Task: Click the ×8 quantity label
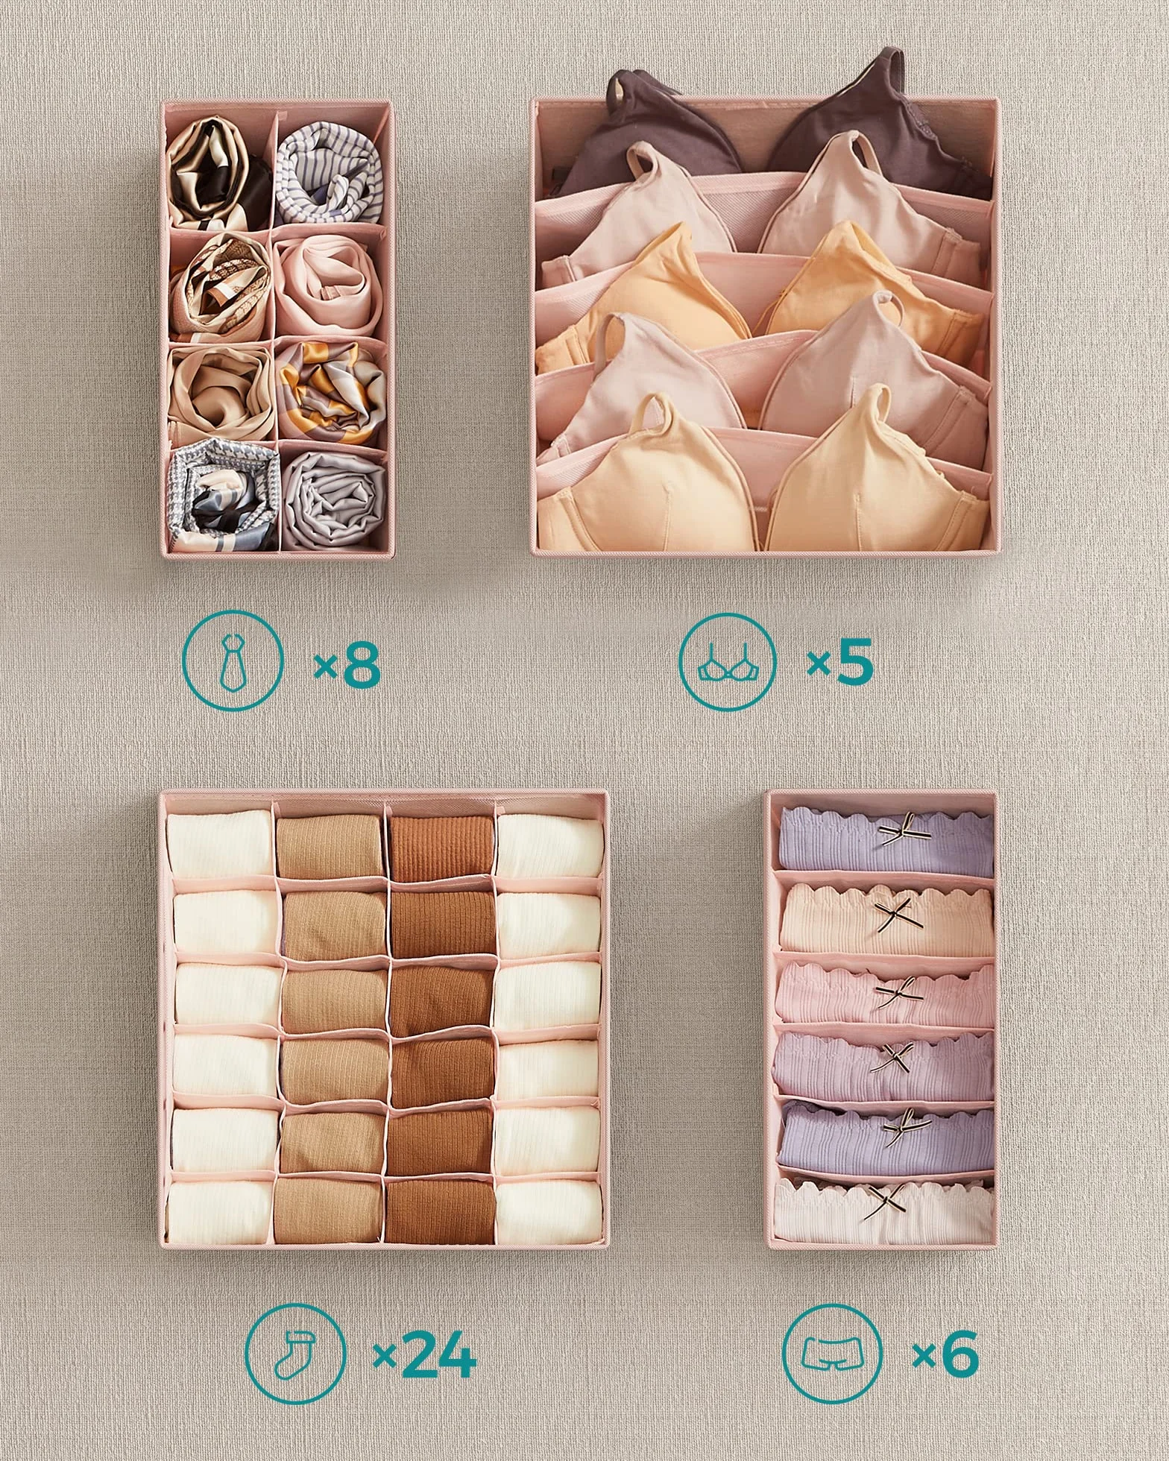[347, 665]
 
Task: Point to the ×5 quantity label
[840, 665]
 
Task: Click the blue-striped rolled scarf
[329, 173]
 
